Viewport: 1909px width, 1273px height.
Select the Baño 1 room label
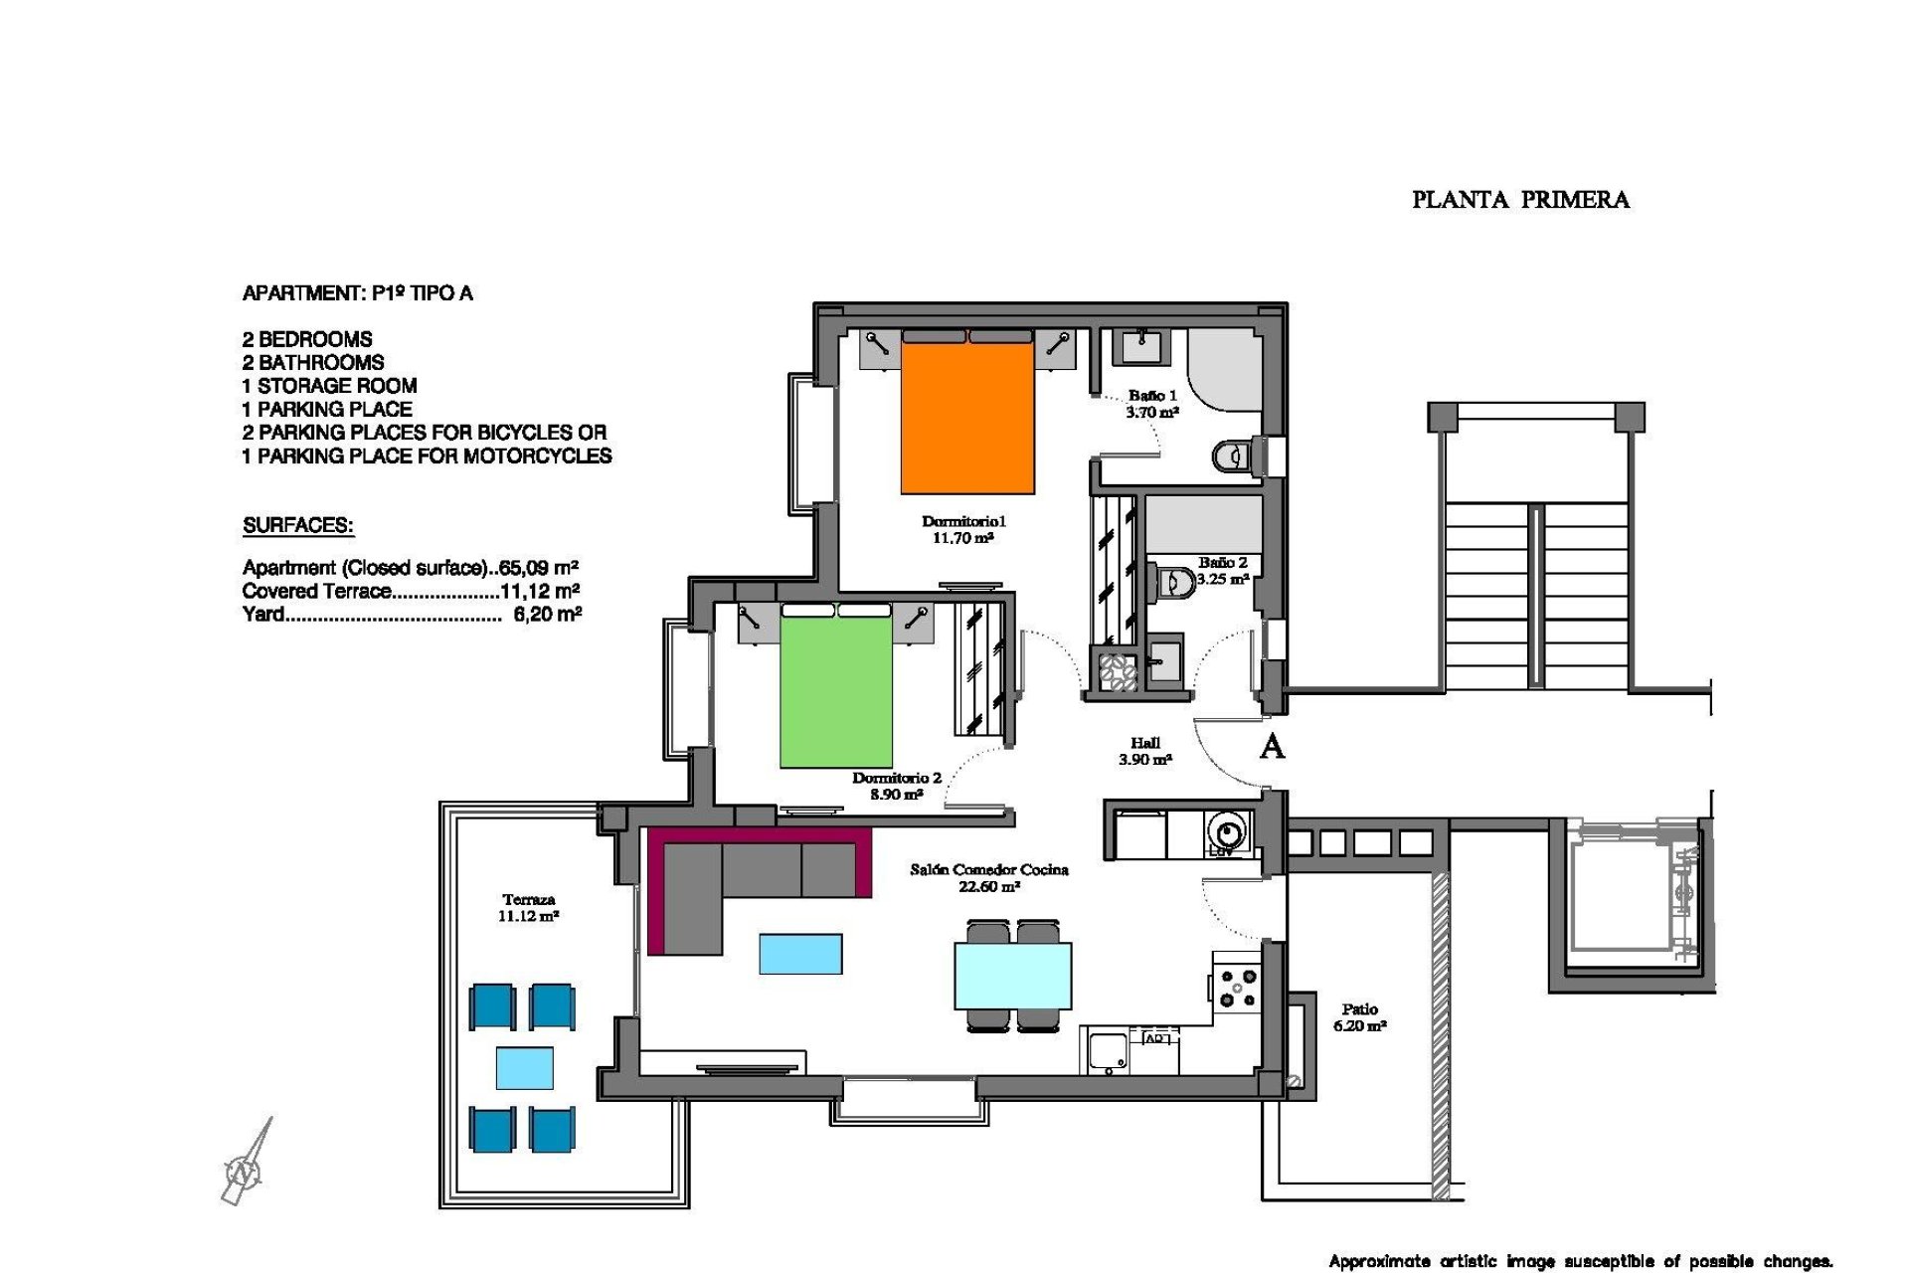(x=1152, y=403)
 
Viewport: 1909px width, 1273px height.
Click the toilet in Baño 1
(x=1230, y=457)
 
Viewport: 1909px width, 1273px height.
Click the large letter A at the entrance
(x=1272, y=746)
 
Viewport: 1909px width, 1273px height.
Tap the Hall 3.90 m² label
(x=1145, y=751)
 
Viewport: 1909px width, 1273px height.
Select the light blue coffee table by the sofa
(x=800, y=954)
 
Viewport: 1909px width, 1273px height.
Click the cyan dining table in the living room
(x=1012, y=976)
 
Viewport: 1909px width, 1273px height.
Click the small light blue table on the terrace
(x=524, y=1067)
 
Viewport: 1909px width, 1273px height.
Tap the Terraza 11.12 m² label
(x=528, y=908)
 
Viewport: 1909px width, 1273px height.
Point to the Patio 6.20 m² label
(x=1359, y=1017)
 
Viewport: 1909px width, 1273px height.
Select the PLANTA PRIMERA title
(x=1520, y=200)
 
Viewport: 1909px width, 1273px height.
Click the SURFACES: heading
(x=298, y=526)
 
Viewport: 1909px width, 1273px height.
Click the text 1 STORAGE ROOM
(x=329, y=386)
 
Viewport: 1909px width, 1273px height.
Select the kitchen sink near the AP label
(x=1105, y=1050)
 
